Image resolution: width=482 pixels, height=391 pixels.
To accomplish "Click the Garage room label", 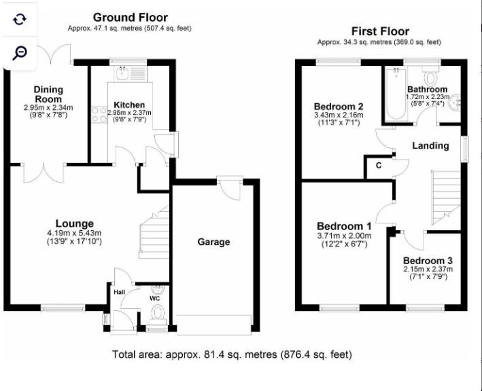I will coord(213,242).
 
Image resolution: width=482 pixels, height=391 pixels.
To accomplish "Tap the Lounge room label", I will coord(75,224).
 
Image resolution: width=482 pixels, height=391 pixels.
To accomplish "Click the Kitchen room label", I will coord(129,104).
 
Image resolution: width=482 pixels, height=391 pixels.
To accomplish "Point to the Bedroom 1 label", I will coord(344,226).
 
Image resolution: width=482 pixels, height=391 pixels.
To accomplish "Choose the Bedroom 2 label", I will coord(339,107).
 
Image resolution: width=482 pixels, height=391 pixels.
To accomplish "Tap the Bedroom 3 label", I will coord(427,261).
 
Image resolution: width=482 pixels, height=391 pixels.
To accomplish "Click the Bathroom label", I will coord(427,90).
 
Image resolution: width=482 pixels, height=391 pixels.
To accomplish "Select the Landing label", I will coord(430,145).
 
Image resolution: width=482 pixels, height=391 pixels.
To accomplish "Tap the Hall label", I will coord(120,292).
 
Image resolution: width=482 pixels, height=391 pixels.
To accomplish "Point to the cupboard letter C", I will coord(378,166).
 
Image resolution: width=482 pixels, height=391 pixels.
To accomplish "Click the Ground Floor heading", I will coord(131,17).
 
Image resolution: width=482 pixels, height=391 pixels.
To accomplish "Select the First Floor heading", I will coord(380,31).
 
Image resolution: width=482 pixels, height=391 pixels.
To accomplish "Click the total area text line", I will coord(232,354).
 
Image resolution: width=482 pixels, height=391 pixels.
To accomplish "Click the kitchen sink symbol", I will coord(126,70).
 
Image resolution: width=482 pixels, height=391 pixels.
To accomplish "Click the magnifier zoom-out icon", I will coord(20,52).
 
